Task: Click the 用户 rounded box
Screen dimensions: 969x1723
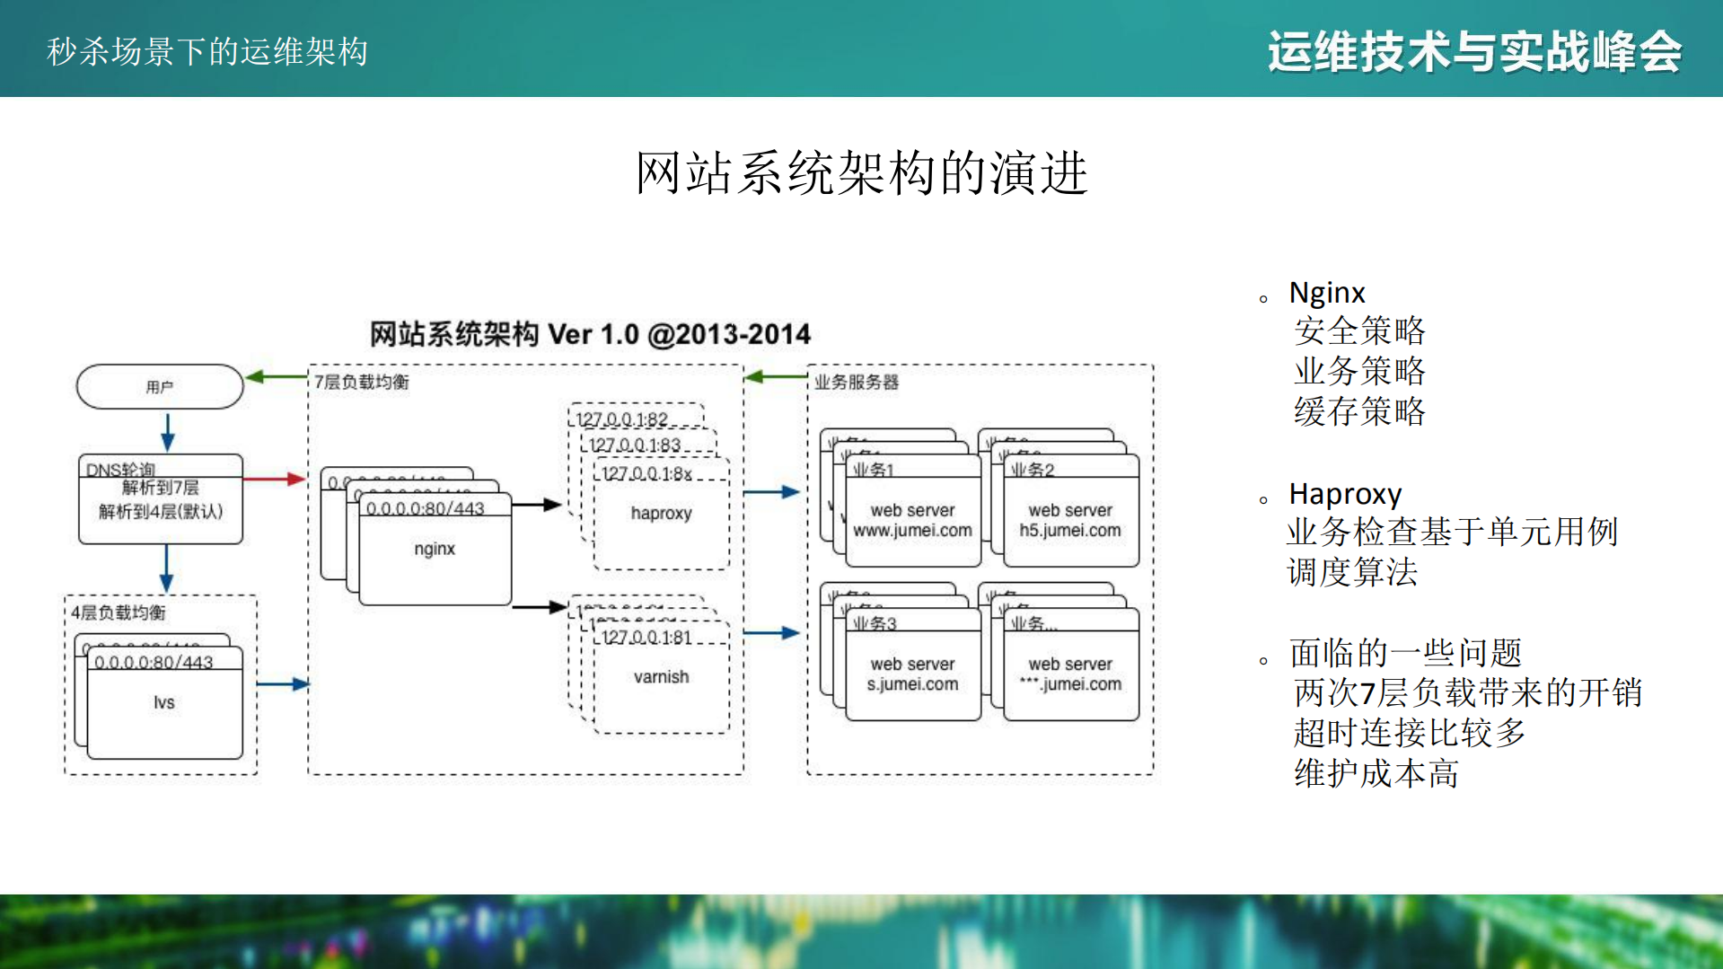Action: point(160,387)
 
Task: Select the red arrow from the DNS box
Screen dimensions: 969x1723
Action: point(275,479)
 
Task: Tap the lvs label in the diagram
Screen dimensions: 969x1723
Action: point(163,702)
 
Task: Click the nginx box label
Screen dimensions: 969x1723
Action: point(435,549)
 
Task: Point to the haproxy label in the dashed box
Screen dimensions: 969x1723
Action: point(661,513)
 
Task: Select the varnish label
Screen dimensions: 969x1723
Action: point(661,677)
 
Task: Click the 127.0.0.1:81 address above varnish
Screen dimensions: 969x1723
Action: point(646,638)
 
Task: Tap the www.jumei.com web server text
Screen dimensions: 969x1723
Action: point(912,531)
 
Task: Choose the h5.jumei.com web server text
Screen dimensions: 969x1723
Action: point(1069,531)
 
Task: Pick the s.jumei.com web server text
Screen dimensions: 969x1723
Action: point(912,684)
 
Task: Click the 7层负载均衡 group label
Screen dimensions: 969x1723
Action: point(362,383)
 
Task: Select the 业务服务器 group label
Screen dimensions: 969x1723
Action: point(856,383)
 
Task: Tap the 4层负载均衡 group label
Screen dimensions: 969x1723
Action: point(119,612)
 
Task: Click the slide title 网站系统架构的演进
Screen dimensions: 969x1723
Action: point(861,173)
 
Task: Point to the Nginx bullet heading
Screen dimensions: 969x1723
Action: point(1326,293)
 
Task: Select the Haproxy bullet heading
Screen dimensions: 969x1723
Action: point(1344,494)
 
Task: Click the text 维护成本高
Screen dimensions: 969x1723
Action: point(1376,773)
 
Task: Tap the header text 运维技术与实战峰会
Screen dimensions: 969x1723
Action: point(1473,51)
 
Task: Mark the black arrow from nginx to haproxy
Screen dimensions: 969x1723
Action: point(537,505)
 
